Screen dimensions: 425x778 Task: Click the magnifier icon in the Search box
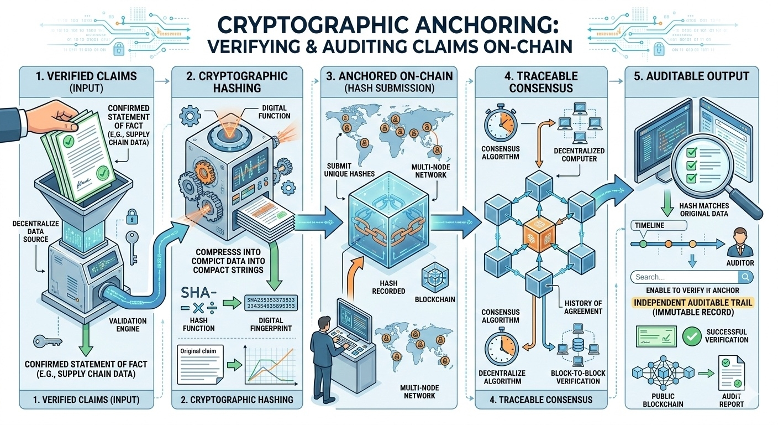(x=745, y=277)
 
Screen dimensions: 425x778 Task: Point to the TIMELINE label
(x=650, y=226)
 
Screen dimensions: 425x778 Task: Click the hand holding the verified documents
(x=55, y=113)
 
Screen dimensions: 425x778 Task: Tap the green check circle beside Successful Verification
(x=691, y=335)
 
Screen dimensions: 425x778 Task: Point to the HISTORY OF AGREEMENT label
(x=583, y=307)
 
